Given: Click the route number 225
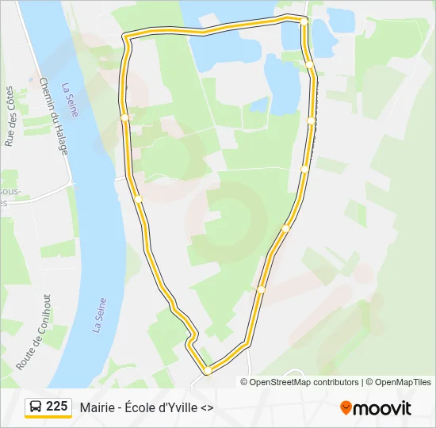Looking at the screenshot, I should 57,407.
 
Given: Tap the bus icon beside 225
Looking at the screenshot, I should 36,407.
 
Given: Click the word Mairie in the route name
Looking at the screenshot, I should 96,407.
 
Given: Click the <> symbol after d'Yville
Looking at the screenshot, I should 207,407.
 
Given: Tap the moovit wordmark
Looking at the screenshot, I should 382,408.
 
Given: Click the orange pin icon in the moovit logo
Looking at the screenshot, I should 346,408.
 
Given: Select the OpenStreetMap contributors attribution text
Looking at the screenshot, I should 304,382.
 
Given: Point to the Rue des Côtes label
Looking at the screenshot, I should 10,117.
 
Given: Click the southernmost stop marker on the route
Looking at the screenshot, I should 207,370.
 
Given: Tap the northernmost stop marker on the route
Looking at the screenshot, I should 304,22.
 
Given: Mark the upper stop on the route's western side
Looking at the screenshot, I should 124,117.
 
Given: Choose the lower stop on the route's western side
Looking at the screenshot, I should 138,199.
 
